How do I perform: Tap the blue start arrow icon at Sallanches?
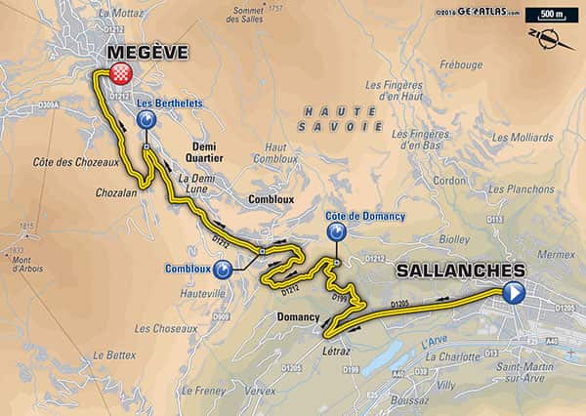[x=514, y=291]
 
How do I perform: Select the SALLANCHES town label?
[x=460, y=270]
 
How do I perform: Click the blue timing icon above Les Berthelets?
[x=146, y=120]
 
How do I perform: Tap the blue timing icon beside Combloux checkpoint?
[x=224, y=268]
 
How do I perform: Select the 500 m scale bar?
[x=544, y=16]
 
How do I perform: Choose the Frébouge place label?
[x=461, y=65]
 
